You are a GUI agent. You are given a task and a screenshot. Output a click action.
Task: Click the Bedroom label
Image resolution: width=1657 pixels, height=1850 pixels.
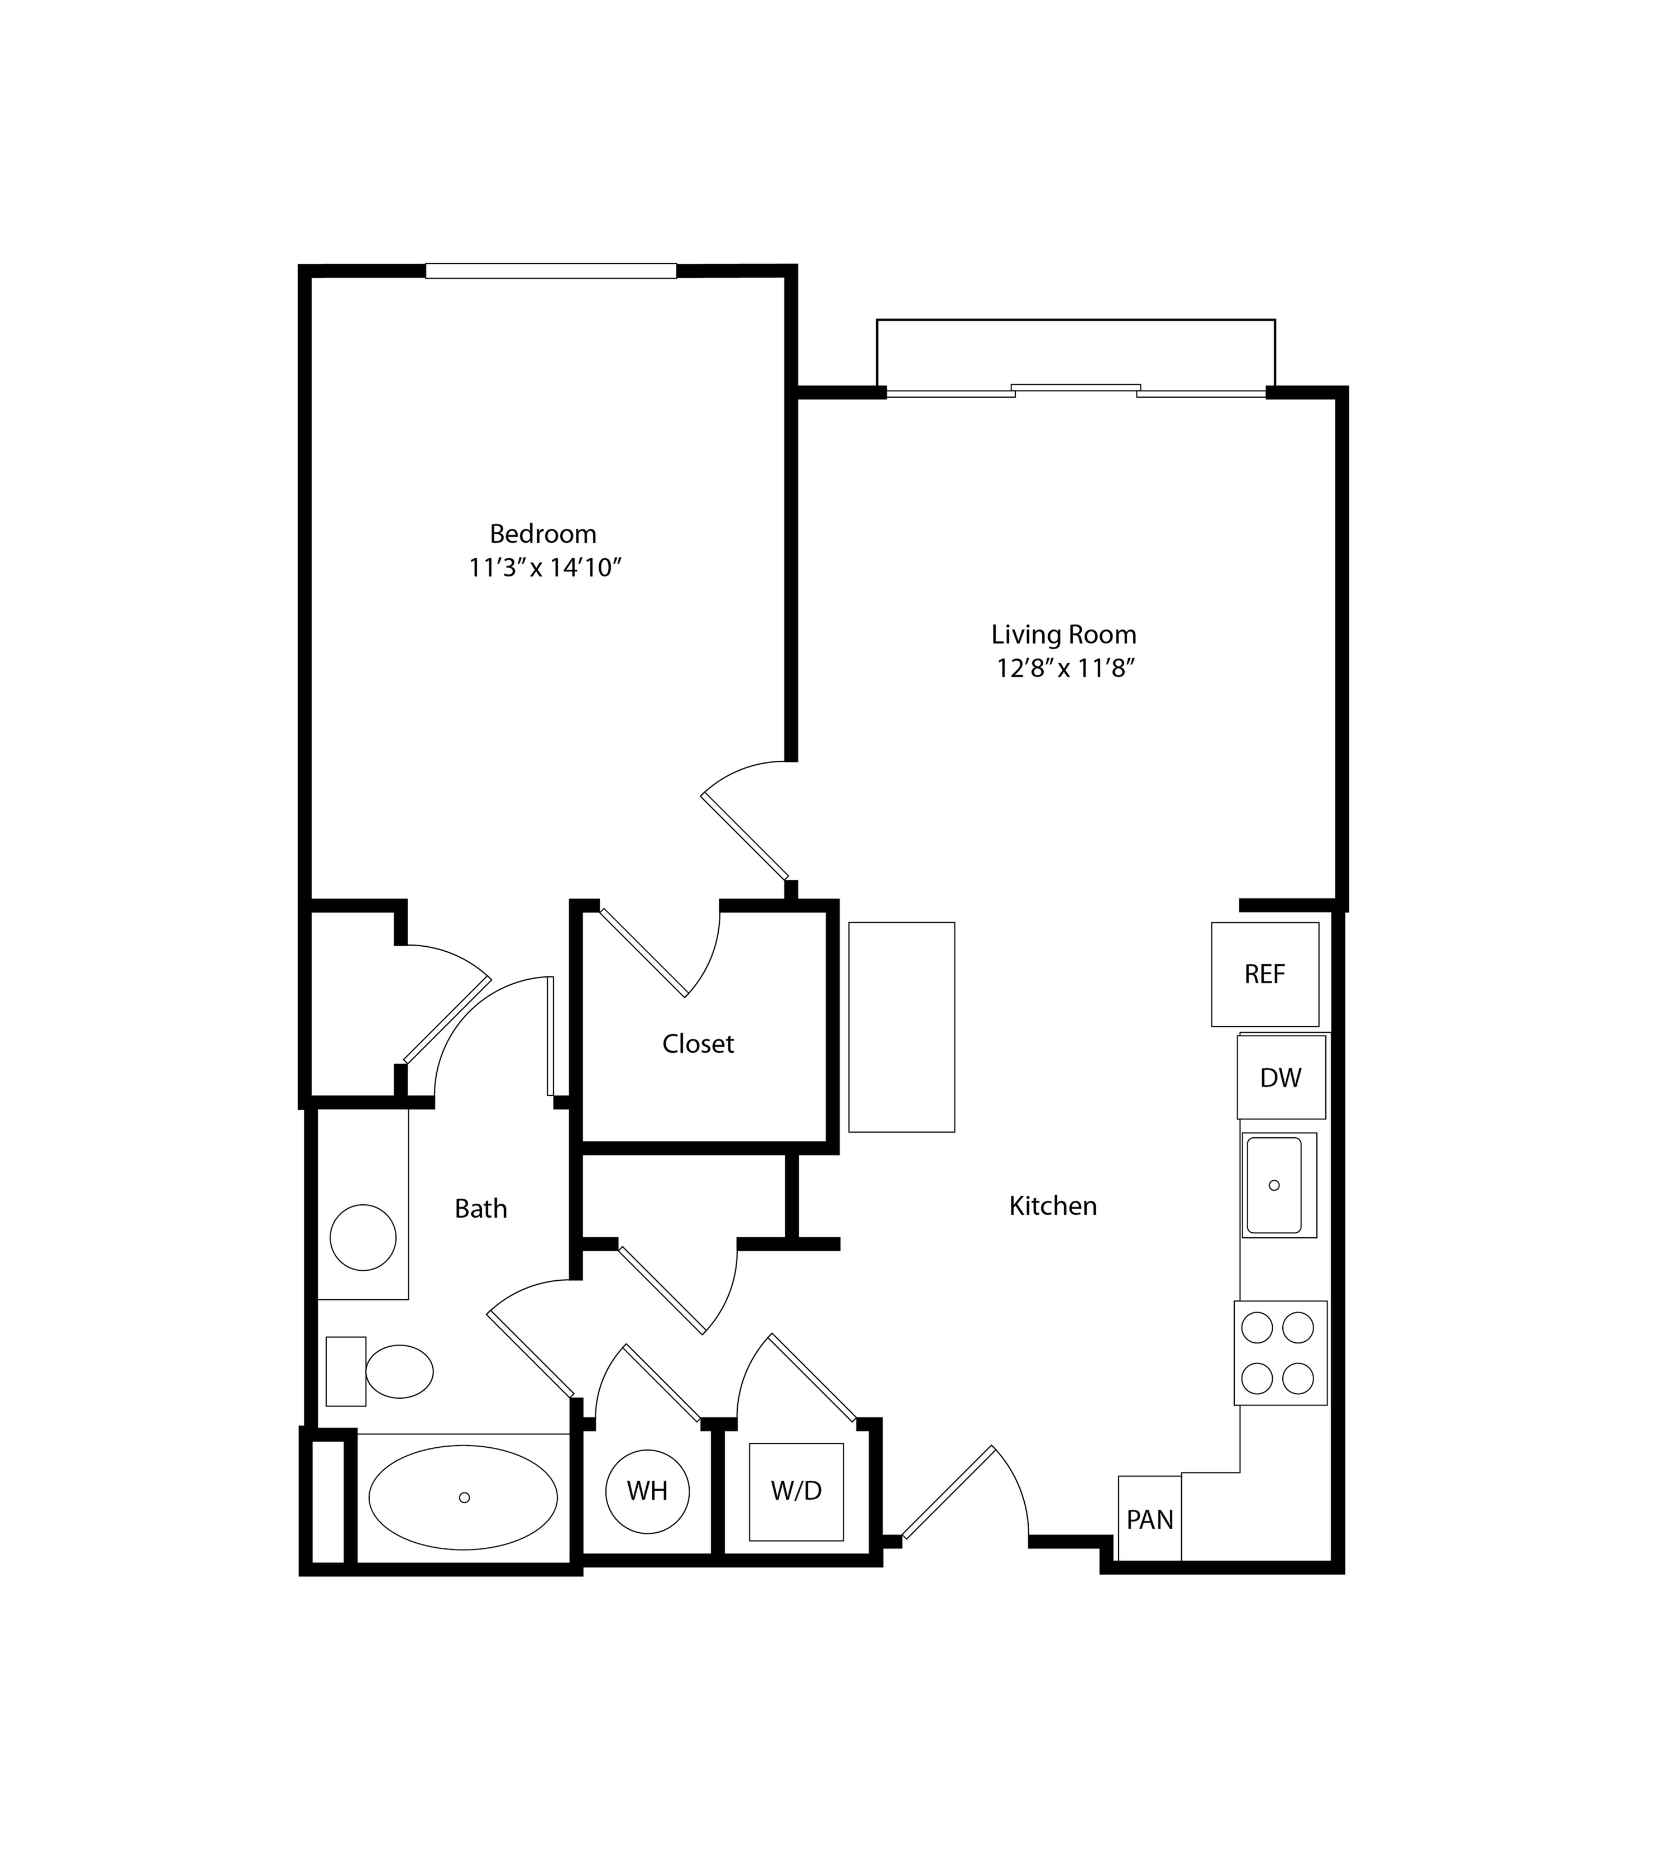pyautogui.click(x=543, y=535)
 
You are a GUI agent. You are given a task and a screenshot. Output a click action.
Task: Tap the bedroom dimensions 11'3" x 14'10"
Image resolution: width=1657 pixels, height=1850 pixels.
pyautogui.click(x=545, y=568)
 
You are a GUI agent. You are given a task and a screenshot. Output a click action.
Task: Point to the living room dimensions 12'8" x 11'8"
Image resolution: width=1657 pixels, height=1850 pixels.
pyautogui.click(x=1065, y=668)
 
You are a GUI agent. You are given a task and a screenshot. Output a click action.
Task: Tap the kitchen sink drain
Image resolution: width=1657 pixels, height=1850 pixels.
pyautogui.click(x=1274, y=1185)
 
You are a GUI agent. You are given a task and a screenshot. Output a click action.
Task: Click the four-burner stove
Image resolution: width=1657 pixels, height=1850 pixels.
pyautogui.click(x=1280, y=1353)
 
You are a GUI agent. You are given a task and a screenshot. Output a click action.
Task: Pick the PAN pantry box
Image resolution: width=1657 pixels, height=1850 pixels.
pyautogui.click(x=1150, y=1519)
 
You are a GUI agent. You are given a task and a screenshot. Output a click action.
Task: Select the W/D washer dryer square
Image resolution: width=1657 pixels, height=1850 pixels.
pyautogui.click(x=796, y=1491)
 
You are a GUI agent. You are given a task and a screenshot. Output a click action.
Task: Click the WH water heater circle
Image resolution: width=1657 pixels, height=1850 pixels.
pyautogui.click(x=647, y=1491)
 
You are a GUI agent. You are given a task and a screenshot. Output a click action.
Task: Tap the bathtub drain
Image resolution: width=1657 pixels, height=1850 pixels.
pyautogui.click(x=464, y=1498)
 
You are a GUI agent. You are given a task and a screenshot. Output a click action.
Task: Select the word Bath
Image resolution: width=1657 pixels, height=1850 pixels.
pyautogui.click(x=481, y=1209)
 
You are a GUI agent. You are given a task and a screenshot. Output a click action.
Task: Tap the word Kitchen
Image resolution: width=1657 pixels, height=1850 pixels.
pyautogui.click(x=1053, y=1207)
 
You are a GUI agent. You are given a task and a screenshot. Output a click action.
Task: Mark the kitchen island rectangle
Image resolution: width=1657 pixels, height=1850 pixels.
pyautogui.click(x=901, y=1027)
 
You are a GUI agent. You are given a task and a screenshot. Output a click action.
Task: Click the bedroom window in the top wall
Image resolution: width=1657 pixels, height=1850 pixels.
pyautogui.click(x=551, y=270)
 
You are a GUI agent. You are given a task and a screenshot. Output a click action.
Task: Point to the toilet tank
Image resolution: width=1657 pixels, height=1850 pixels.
pyautogui.click(x=346, y=1371)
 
